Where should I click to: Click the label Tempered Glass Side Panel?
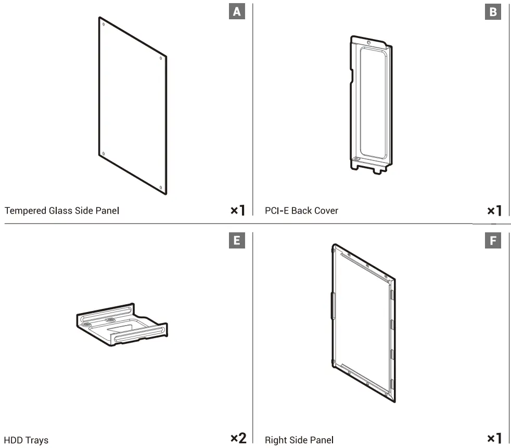tap(62, 211)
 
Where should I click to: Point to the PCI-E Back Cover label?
tap(301, 211)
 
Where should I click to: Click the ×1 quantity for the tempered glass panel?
tap(237, 210)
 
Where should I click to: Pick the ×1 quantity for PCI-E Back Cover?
tap(494, 210)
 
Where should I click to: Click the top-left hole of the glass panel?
tap(103, 24)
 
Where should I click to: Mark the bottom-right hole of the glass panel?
tap(161, 188)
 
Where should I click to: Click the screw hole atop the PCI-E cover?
tap(368, 42)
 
